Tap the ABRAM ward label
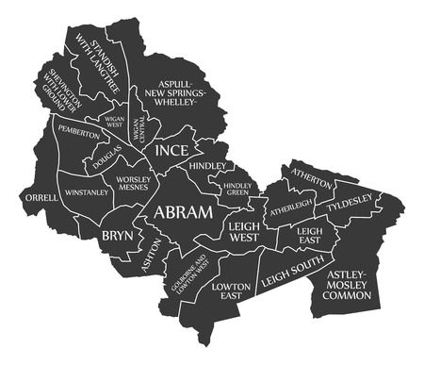point(184,212)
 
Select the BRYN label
point(118,235)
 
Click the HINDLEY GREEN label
point(236,190)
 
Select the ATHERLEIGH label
point(290,207)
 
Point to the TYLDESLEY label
point(350,201)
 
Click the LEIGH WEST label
point(244,233)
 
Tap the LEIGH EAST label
point(309,235)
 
